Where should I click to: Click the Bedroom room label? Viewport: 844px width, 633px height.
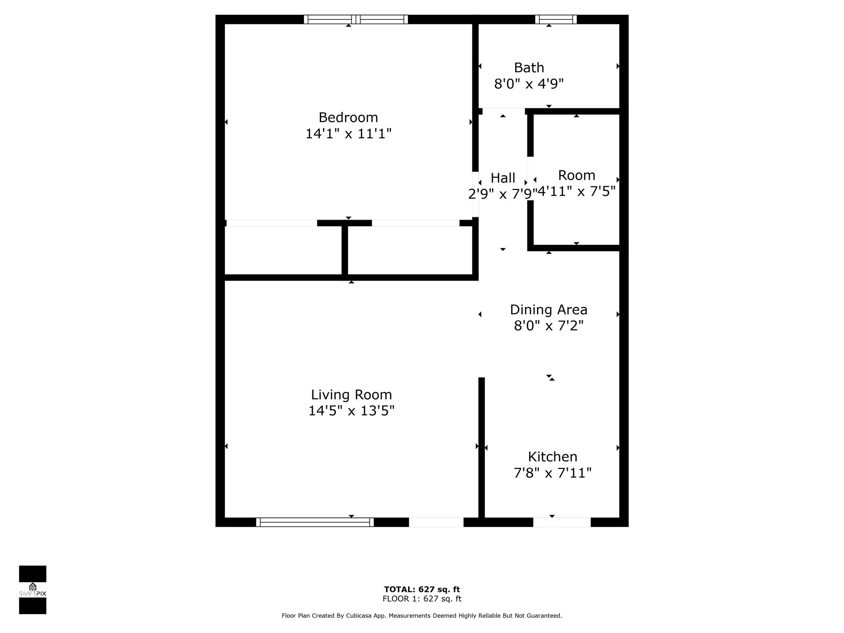[348, 118]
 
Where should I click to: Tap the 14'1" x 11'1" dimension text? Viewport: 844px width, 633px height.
[348, 134]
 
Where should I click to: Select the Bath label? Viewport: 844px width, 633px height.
[529, 68]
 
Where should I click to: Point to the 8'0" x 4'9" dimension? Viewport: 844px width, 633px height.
[529, 84]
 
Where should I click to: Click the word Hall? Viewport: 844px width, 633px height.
[503, 178]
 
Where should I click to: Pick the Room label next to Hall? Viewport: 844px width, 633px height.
[577, 176]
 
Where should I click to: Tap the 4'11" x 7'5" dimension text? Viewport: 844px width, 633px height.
[577, 192]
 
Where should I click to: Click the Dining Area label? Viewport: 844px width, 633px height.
[549, 310]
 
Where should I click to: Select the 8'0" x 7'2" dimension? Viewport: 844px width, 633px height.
[549, 326]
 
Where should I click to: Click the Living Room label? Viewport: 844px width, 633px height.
[351, 395]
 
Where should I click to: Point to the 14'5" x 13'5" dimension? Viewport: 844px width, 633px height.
[351, 411]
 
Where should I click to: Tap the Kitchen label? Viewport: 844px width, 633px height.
[552, 457]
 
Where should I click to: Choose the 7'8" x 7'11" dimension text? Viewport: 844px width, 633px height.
[552, 473]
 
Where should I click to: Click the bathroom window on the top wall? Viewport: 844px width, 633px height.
[556, 19]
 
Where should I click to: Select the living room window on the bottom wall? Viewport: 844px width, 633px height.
[315, 522]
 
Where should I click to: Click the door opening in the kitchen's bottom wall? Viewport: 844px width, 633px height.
[562, 522]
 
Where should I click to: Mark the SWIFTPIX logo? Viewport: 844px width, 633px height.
[33, 590]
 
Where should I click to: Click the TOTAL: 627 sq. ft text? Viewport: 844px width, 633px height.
[422, 589]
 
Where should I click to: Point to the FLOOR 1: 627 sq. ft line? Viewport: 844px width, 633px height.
[422, 599]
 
